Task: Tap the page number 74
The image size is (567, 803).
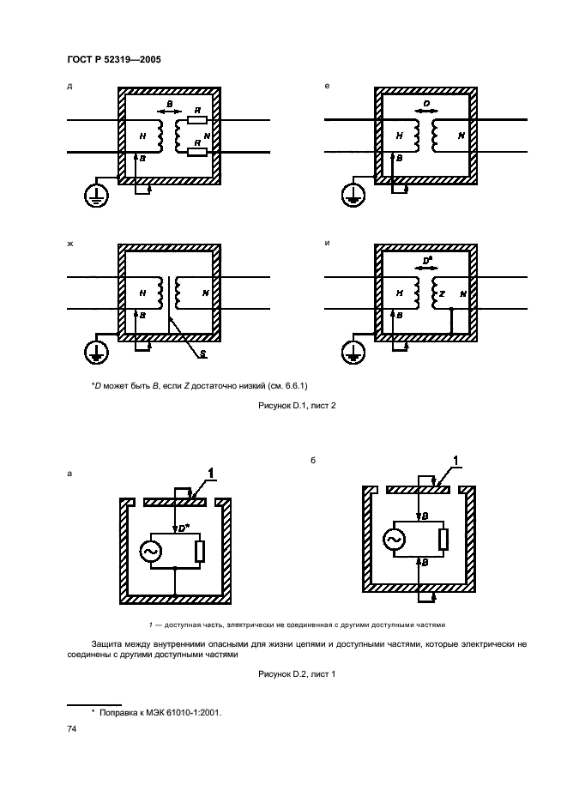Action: tap(72, 728)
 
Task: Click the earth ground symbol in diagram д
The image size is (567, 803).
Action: tap(95, 196)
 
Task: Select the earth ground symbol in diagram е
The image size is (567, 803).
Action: tap(352, 196)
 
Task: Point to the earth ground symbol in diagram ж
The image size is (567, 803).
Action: tap(95, 352)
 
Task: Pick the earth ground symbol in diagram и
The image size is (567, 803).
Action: tap(352, 352)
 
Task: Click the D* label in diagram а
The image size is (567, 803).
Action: tap(185, 528)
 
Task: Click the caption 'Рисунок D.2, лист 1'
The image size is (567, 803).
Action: tap(296, 674)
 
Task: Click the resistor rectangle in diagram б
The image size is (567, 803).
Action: tap(443, 539)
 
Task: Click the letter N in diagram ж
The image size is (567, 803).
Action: tap(205, 293)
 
